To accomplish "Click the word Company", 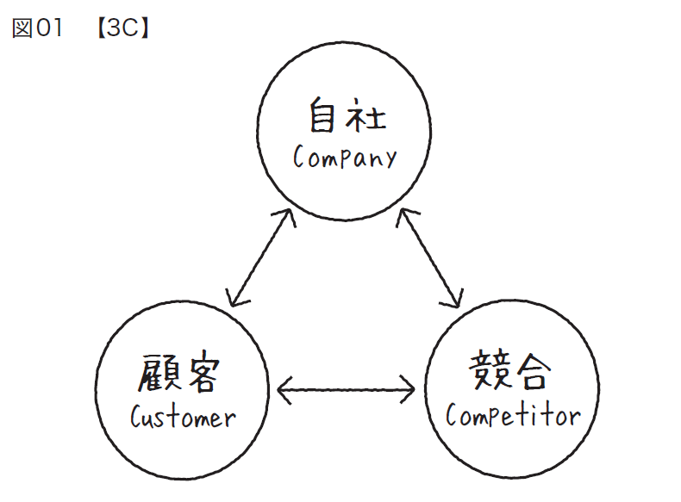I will coord(345,158).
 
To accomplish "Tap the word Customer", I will coord(183,418).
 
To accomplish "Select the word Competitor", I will coord(513,416).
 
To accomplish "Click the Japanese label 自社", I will coord(345,117).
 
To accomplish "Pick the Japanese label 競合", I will coord(511,373).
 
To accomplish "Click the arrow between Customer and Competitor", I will coord(347,392).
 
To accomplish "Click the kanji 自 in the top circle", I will coord(322,117).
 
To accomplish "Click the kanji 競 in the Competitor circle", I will coord(488,373).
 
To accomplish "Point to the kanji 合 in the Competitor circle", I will coord(534,373).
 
